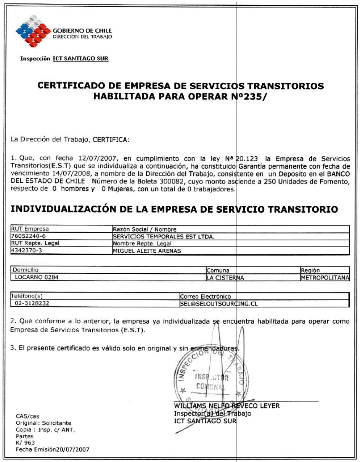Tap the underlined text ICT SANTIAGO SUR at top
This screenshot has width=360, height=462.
80,59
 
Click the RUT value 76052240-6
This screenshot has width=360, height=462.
29,236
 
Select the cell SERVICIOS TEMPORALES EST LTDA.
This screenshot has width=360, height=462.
164,237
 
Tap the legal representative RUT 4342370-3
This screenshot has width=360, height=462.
27,250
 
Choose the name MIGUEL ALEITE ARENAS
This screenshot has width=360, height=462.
147,251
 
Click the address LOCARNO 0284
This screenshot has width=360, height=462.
37,277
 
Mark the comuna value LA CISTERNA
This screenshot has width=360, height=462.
225,278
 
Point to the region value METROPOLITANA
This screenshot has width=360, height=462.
325,278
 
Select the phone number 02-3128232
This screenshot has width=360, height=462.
32,303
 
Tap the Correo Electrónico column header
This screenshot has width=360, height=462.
205,296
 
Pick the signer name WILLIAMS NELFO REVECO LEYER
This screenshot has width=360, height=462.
227,406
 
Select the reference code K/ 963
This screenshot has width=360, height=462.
25,443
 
